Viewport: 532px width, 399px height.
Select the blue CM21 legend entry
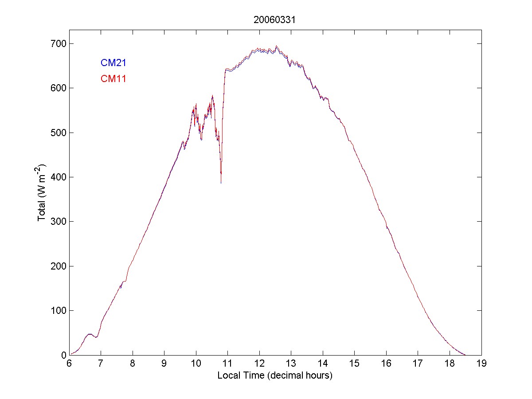tap(113, 63)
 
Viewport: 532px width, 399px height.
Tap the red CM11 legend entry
tap(113, 79)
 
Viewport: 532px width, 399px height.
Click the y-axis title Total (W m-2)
tap(43, 193)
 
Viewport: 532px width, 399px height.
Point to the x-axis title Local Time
tap(275, 376)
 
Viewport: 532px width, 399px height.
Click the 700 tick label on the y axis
tap(58, 44)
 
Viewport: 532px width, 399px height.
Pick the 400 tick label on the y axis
tap(58, 177)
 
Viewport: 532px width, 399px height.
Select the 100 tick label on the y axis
tap(58, 311)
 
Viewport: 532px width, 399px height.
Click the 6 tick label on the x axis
tap(69, 363)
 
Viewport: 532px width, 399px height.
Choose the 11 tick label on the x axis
tap(227, 363)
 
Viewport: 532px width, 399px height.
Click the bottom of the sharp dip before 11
tap(221, 183)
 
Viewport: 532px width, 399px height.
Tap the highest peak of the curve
tap(277, 46)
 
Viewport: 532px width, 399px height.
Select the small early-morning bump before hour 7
tap(90, 334)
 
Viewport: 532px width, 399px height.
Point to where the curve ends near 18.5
tap(465, 355)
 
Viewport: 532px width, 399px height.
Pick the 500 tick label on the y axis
tap(58, 133)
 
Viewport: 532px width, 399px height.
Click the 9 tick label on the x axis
tap(164, 363)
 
